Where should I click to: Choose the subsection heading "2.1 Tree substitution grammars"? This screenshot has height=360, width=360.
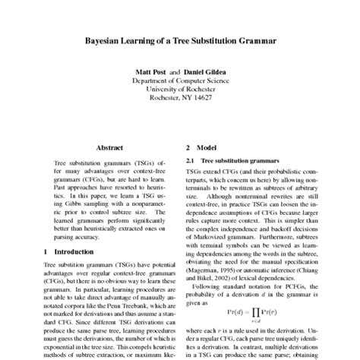pos(230,163)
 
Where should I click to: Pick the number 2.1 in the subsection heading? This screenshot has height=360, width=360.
pos(191,163)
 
